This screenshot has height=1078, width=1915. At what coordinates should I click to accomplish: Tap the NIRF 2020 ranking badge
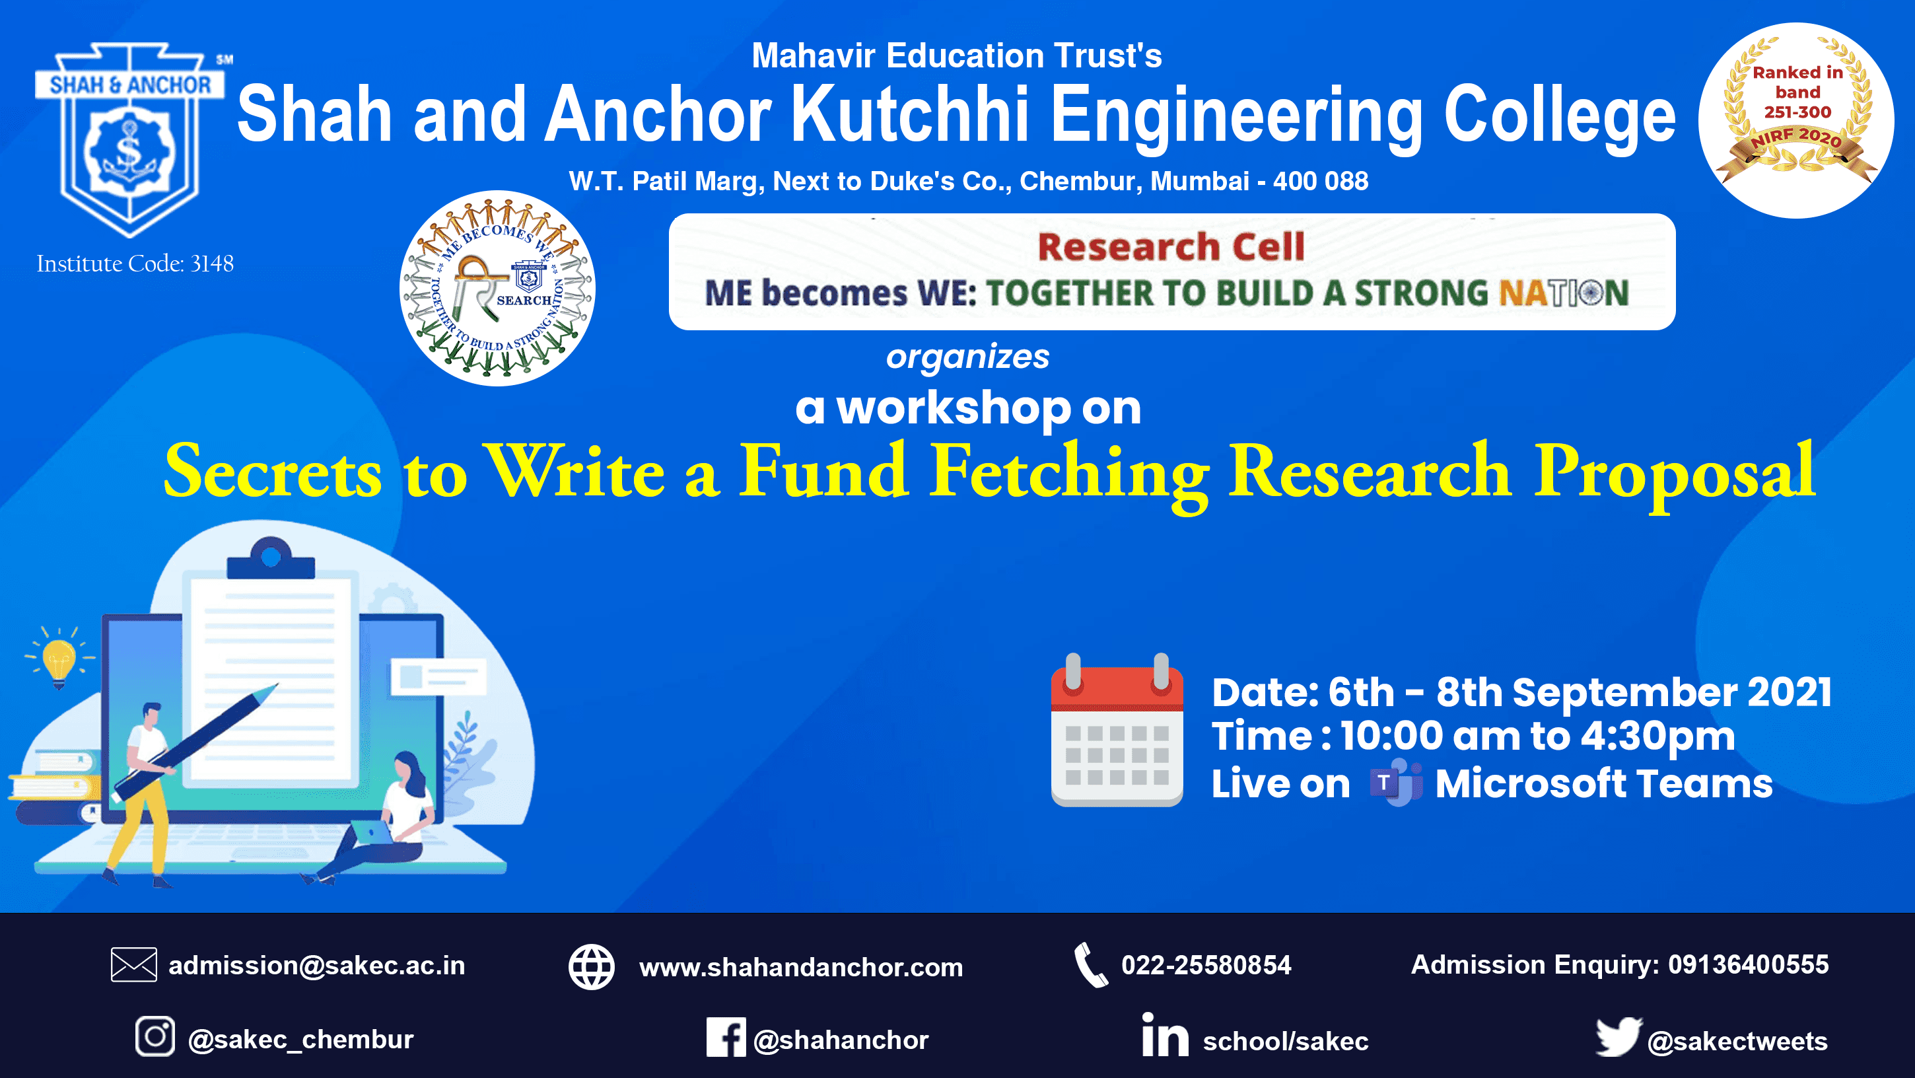[x=1796, y=120]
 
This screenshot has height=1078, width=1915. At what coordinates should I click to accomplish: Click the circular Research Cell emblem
[x=497, y=289]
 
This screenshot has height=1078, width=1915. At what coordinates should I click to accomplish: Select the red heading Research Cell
[x=1171, y=246]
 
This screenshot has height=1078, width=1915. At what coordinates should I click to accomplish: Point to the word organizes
[x=967, y=357]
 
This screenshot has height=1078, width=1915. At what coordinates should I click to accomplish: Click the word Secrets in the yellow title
[x=273, y=473]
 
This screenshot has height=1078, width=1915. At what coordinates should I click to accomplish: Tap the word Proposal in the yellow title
[x=1675, y=473]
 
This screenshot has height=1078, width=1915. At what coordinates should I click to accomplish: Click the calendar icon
[x=1117, y=730]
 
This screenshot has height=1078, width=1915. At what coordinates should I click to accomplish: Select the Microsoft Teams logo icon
[x=1395, y=783]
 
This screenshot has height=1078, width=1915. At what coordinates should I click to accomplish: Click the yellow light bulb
[x=59, y=659]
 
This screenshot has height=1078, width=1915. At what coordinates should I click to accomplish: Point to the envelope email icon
[x=134, y=965]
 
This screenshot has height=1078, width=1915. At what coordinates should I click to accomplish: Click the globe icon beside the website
[x=592, y=966]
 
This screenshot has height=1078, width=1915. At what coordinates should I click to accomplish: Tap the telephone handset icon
[x=1091, y=965]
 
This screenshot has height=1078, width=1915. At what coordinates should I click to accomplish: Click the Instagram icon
[x=155, y=1036]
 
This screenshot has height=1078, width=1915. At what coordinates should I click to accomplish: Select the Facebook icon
[x=726, y=1037]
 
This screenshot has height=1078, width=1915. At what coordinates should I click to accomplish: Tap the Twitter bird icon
[x=1618, y=1036]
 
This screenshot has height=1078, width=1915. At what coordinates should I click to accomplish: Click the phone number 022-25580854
[x=1206, y=965]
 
